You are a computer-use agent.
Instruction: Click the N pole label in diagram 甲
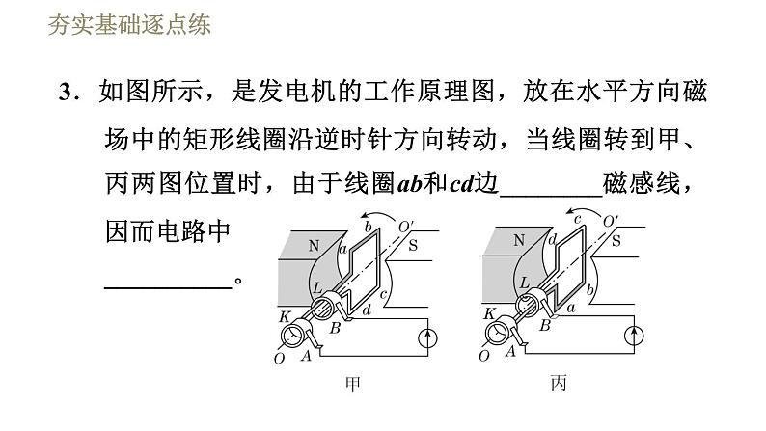[x=314, y=246]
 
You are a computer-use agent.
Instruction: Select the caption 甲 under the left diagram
[x=353, y=385]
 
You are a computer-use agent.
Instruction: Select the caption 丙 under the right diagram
[x=559, y=385]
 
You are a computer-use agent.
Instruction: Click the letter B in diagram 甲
[x=336, y=327]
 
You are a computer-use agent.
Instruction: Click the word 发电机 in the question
[x=293, y=94]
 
